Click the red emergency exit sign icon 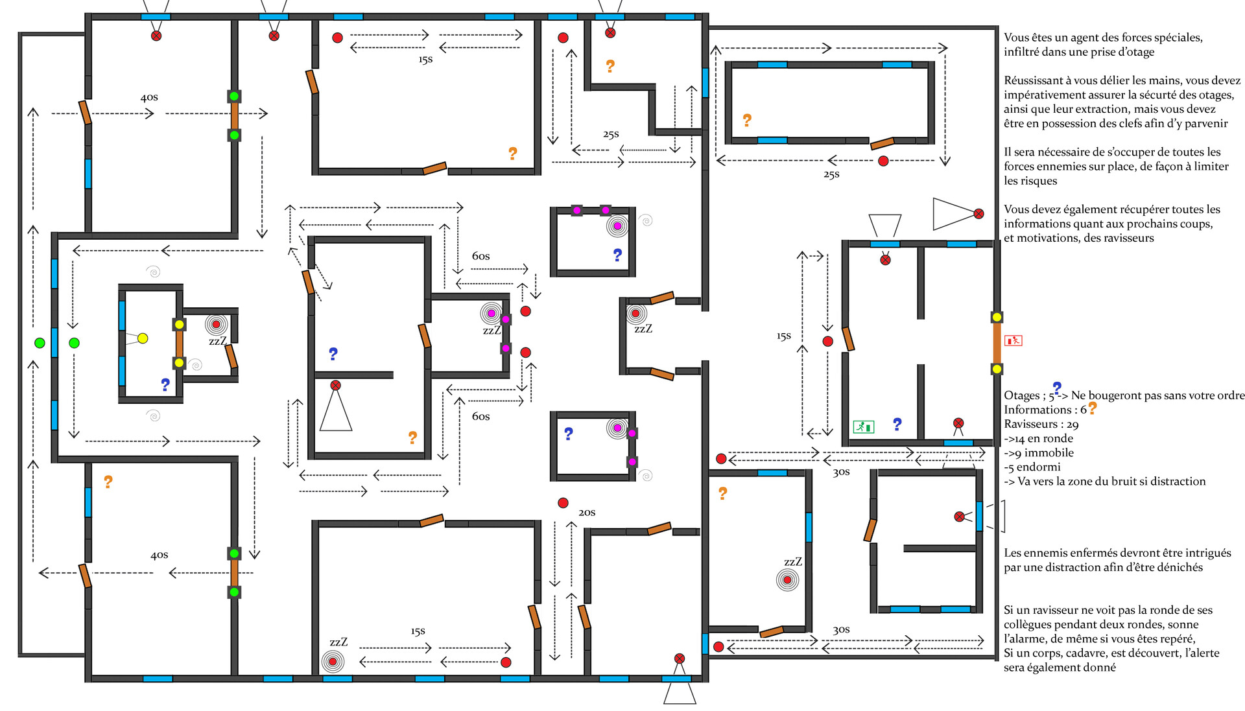click(1013, 340)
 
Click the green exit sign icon click(863, 426)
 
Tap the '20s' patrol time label click(587, 513)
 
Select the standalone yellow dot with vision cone click(143, 338)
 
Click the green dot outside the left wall click(40, 343)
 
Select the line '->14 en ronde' click(1038, 439)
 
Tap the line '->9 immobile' click(1039, 453)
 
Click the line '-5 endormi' click(1032, 467)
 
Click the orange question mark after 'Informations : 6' click(1093, 408)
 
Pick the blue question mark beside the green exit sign click(897, 424)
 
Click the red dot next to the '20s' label click(563, 503)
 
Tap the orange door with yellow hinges click(997, 343)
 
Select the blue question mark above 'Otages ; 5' click(1057, 388)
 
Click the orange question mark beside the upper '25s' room click(610, 66)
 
